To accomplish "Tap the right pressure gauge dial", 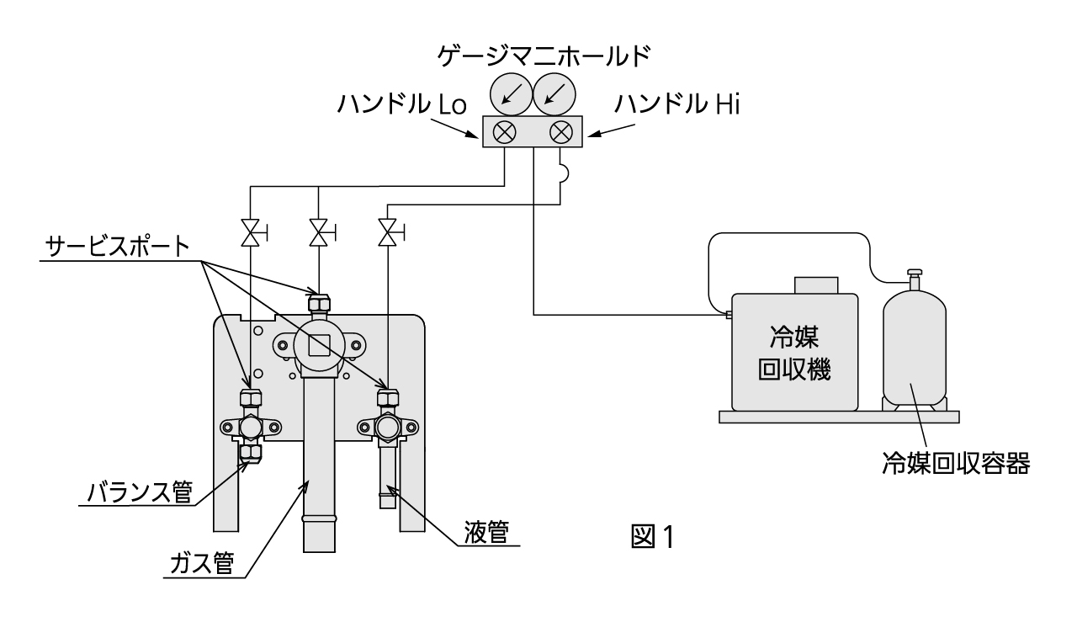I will coord(553,94).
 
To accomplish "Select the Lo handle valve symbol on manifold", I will coord(505,132).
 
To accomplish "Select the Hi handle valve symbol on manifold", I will coord(560,132).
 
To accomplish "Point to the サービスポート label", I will coord(117,249).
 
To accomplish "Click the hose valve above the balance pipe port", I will coord(250,233).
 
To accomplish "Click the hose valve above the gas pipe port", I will coord(319,231).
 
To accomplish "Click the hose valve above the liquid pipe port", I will coord(388,231).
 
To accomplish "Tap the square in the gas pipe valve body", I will coord(319,344).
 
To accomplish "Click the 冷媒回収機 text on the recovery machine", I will coord(794,354).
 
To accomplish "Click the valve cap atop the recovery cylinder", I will coord(912,275).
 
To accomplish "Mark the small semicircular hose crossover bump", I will coord(565,173).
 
